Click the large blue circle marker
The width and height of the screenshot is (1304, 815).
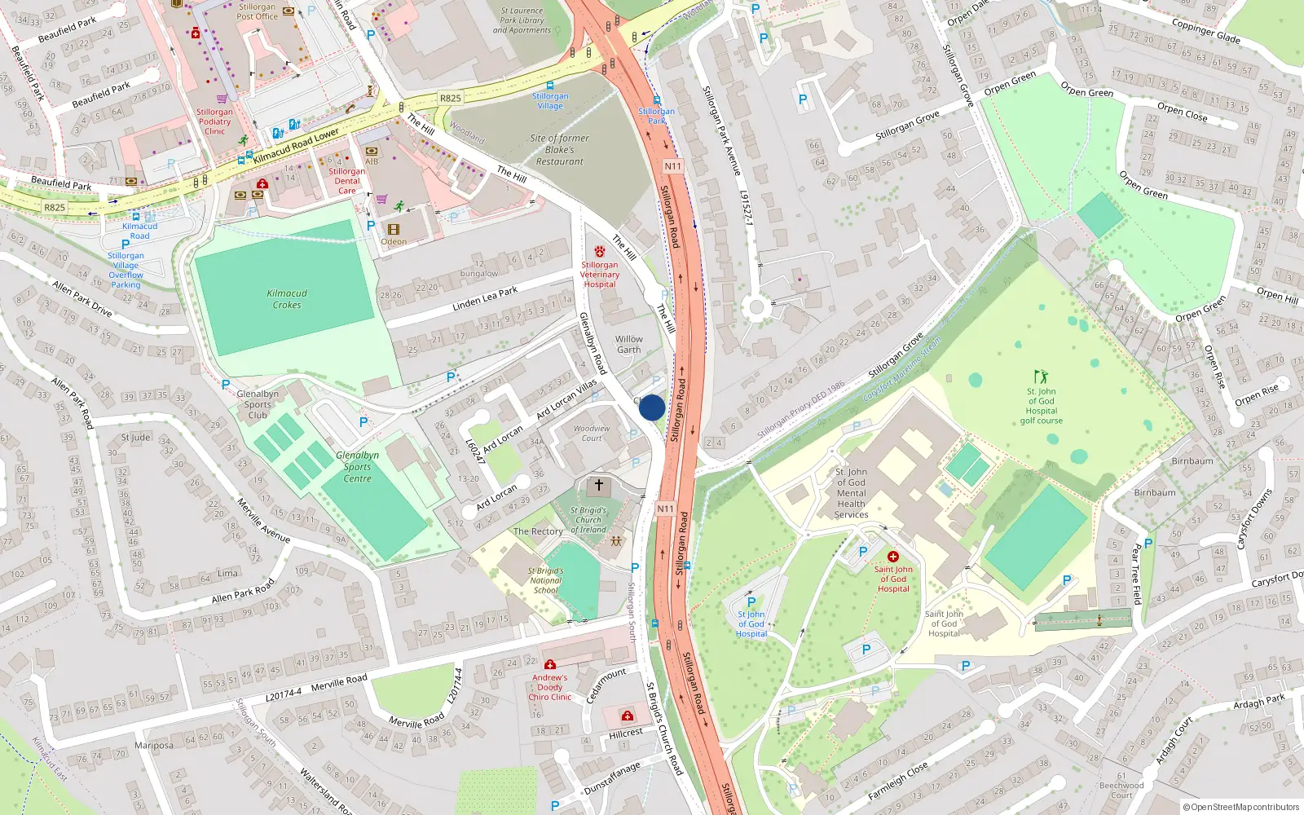652,407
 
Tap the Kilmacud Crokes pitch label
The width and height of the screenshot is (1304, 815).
287,299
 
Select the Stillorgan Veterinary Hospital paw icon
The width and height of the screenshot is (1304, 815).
600,252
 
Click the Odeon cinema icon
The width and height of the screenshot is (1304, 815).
394,230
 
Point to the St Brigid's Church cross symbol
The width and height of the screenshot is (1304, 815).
599,486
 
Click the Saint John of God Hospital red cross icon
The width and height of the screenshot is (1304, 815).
893,557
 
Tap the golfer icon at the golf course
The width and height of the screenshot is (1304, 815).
1041,377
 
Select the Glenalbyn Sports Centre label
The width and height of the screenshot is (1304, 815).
357,467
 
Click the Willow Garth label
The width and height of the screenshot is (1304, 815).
628,345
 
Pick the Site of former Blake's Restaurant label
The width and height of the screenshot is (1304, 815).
559,150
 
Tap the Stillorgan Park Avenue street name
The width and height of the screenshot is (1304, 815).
722,130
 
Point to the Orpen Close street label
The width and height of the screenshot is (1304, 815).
1182,112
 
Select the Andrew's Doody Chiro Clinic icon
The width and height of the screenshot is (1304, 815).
550,664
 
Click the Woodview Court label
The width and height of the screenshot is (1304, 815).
592,433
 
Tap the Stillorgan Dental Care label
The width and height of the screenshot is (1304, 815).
347,181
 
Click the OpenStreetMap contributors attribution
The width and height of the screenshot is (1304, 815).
1241,807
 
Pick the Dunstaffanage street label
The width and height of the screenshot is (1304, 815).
612,779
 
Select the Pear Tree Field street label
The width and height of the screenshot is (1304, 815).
1136,575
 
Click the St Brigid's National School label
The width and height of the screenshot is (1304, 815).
545,580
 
